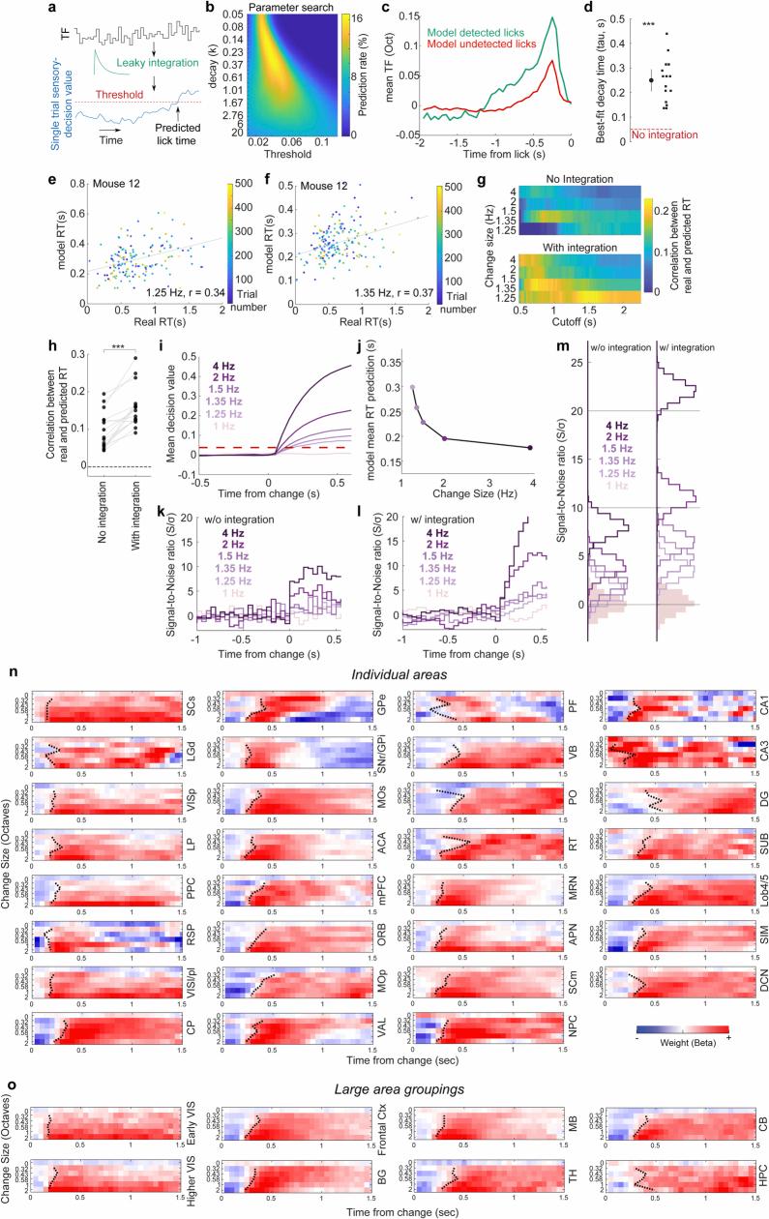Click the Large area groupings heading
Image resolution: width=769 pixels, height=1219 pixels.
point(385,1088)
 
